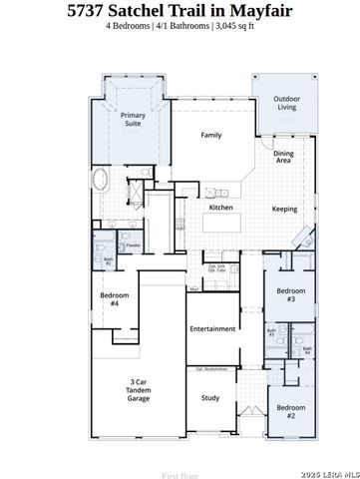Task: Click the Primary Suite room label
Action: (133, 121)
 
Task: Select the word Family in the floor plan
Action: (210, 135)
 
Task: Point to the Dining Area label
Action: (283, 157)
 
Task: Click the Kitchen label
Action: (220, 207)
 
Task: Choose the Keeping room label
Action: (284, 209)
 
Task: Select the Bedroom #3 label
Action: (289, 295)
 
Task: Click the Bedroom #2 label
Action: (290, 411)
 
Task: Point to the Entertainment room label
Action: (211, 328)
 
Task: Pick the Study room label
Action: (209, 398)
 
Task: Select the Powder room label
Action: (132, 245)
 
